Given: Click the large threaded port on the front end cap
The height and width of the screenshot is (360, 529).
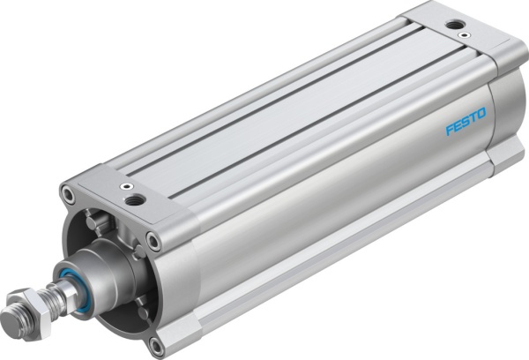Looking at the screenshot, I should click(134, 200).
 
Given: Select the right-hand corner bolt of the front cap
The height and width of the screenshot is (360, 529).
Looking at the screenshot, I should click(154, 239).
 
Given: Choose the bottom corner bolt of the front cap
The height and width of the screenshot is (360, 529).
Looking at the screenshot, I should click(157, 342).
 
